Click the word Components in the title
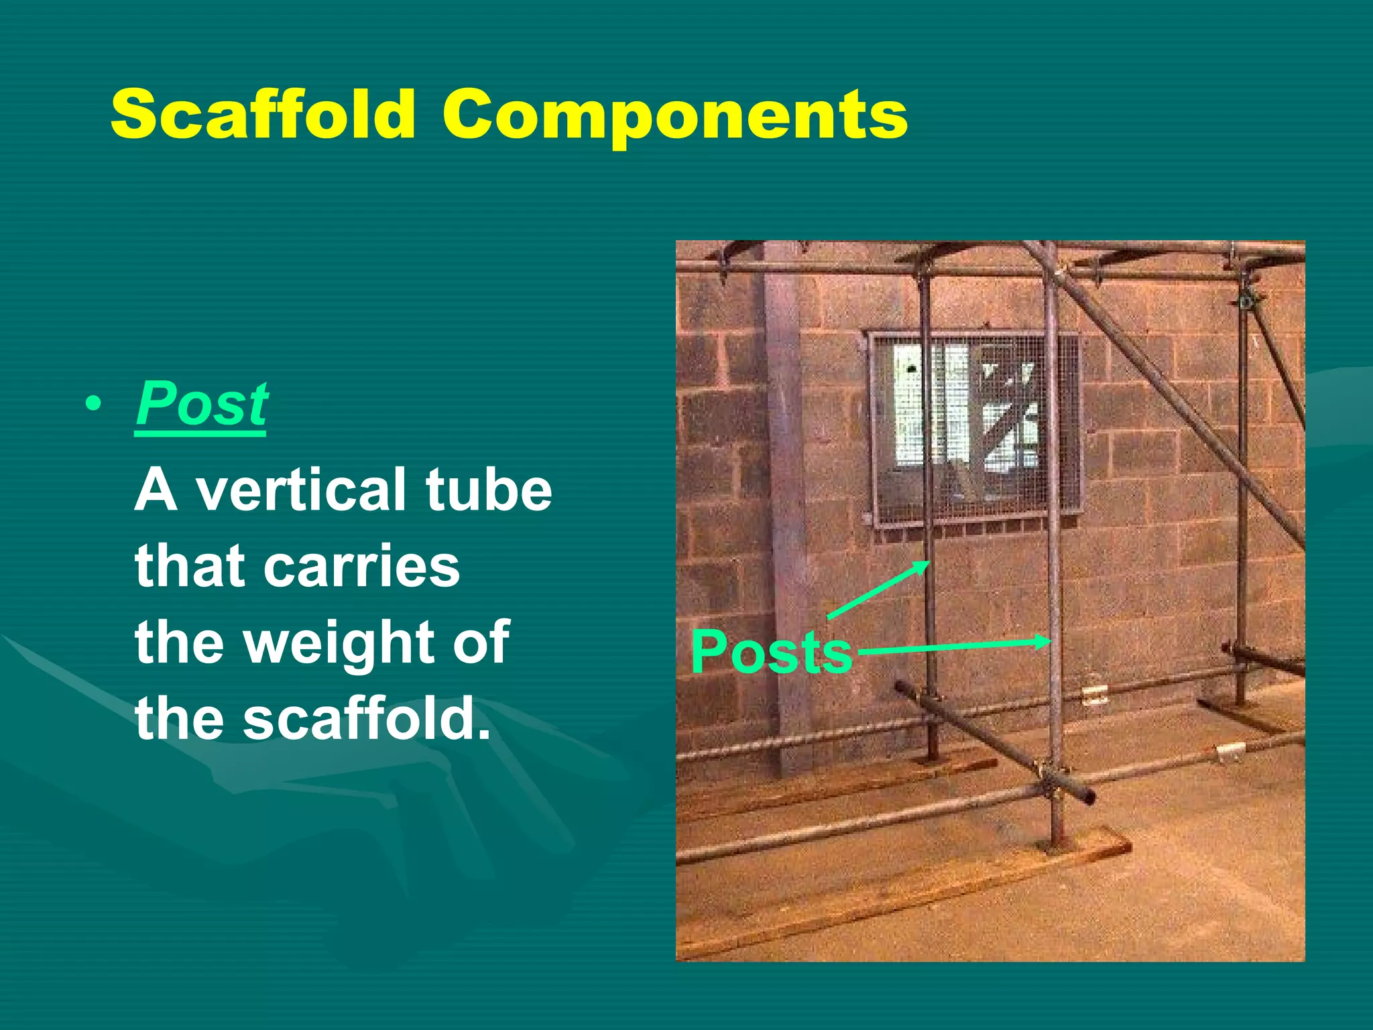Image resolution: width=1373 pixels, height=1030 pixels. pyautogui.click(x=674, y=115)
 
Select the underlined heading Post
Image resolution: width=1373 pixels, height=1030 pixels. pyautogui.click(x=201, y=404)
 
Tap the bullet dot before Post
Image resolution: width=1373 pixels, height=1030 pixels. pyautogui.click(x=94, y=405)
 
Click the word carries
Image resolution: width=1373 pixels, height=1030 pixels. pyautogui.click(x=362, y=567)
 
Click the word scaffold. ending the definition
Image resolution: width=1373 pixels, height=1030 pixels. pyautogui.click(x=365, y=719)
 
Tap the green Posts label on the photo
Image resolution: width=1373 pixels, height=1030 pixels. pyautogui.click(x=771, y=652)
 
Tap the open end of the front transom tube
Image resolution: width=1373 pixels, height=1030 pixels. pyautogui.click(x=1089, y=798)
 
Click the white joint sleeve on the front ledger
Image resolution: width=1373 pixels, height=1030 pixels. pyautogui.click(x=1230, y=752)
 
